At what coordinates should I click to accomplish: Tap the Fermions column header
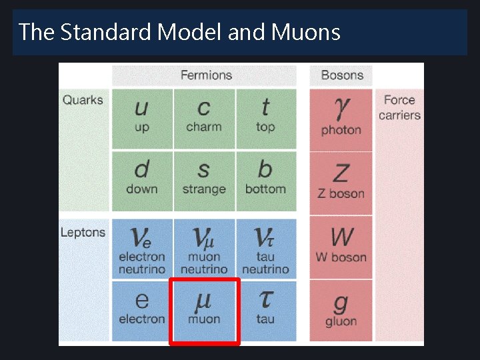(206, 75)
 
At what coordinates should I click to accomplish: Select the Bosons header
(341, 75)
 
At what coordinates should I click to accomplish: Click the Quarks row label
(83, 100)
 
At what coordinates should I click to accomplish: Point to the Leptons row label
(83, 232)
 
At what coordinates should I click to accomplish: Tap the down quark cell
(142, 178)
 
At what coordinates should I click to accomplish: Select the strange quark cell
(204, 178)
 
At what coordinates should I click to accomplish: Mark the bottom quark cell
(265, 178)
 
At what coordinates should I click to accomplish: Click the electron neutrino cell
(142, 249)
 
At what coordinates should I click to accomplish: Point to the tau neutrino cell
(265, 249)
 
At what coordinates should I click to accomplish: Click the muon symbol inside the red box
(204, 302)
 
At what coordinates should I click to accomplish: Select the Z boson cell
(341, 181)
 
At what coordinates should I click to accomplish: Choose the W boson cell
(341, 245)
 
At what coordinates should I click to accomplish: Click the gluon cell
(341, 311)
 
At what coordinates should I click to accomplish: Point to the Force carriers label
(399, 107)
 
